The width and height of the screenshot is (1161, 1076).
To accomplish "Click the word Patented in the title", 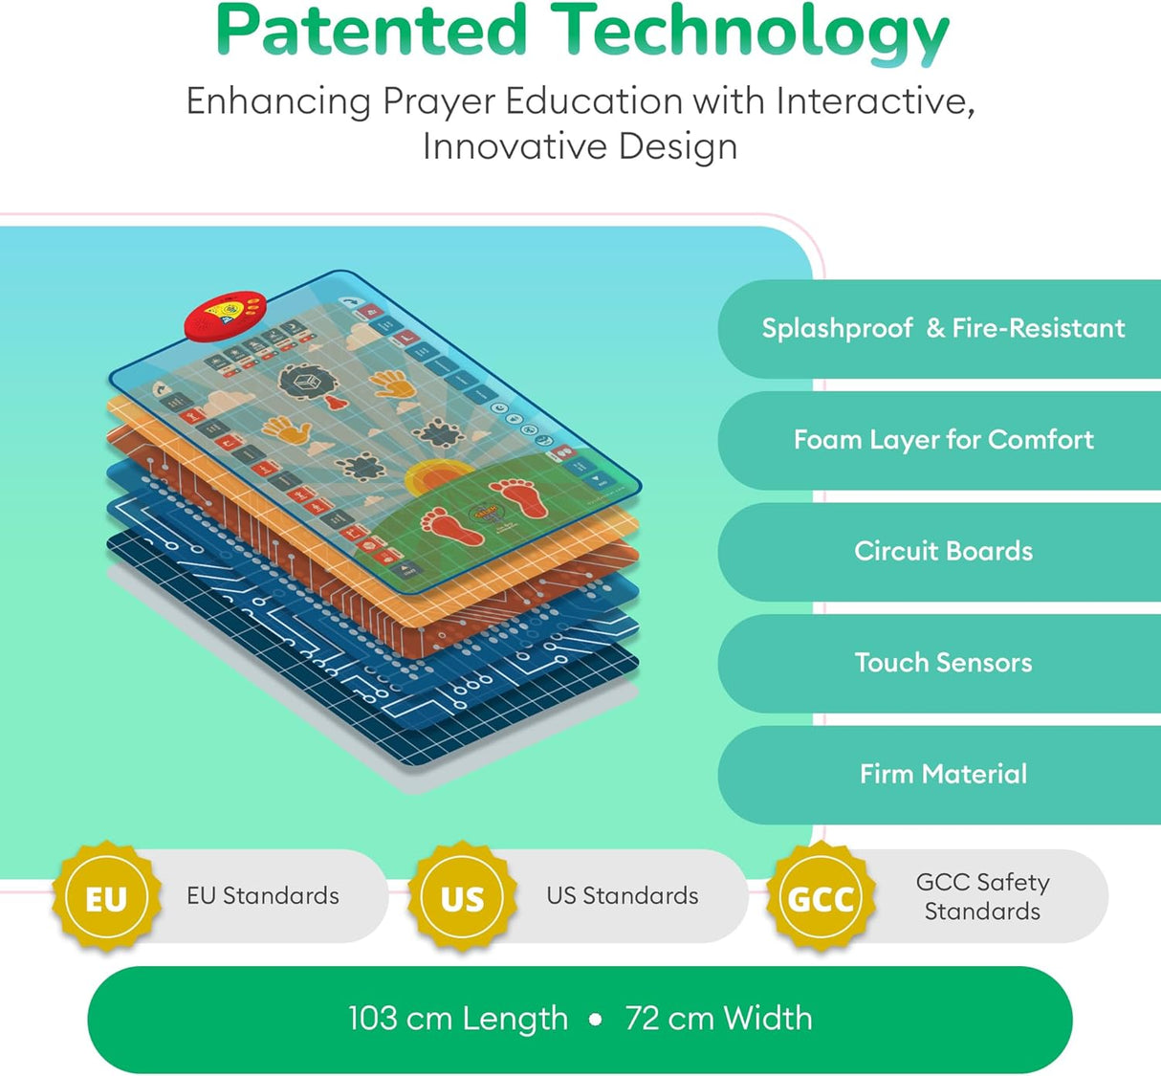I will pos(371,31).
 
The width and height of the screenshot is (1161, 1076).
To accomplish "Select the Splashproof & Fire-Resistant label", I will pos(943,328).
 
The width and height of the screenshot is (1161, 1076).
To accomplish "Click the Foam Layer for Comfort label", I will pos(943,439).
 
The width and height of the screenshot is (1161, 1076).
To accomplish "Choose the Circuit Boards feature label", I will pos(943,551).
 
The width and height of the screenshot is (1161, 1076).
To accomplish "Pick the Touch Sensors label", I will pos(943,662).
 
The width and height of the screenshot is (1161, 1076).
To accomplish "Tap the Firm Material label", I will pos(943,774).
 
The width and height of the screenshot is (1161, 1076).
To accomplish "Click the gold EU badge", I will pos(106,898).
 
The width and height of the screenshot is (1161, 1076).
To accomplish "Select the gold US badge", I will pos(462,898).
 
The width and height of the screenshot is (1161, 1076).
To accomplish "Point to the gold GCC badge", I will pos(821,898).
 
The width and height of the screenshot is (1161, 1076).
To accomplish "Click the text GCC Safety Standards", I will pos(982,896).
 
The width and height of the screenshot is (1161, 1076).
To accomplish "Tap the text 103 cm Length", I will pos(457,1019).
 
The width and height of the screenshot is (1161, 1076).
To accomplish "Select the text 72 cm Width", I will pos(718,1019).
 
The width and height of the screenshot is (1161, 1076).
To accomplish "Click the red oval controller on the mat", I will pos(226,316).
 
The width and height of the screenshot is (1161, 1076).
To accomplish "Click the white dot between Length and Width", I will pos(596,1020).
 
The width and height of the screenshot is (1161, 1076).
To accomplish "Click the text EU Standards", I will pos(263,896).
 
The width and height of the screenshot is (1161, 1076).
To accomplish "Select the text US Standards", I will pos(622,896).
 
